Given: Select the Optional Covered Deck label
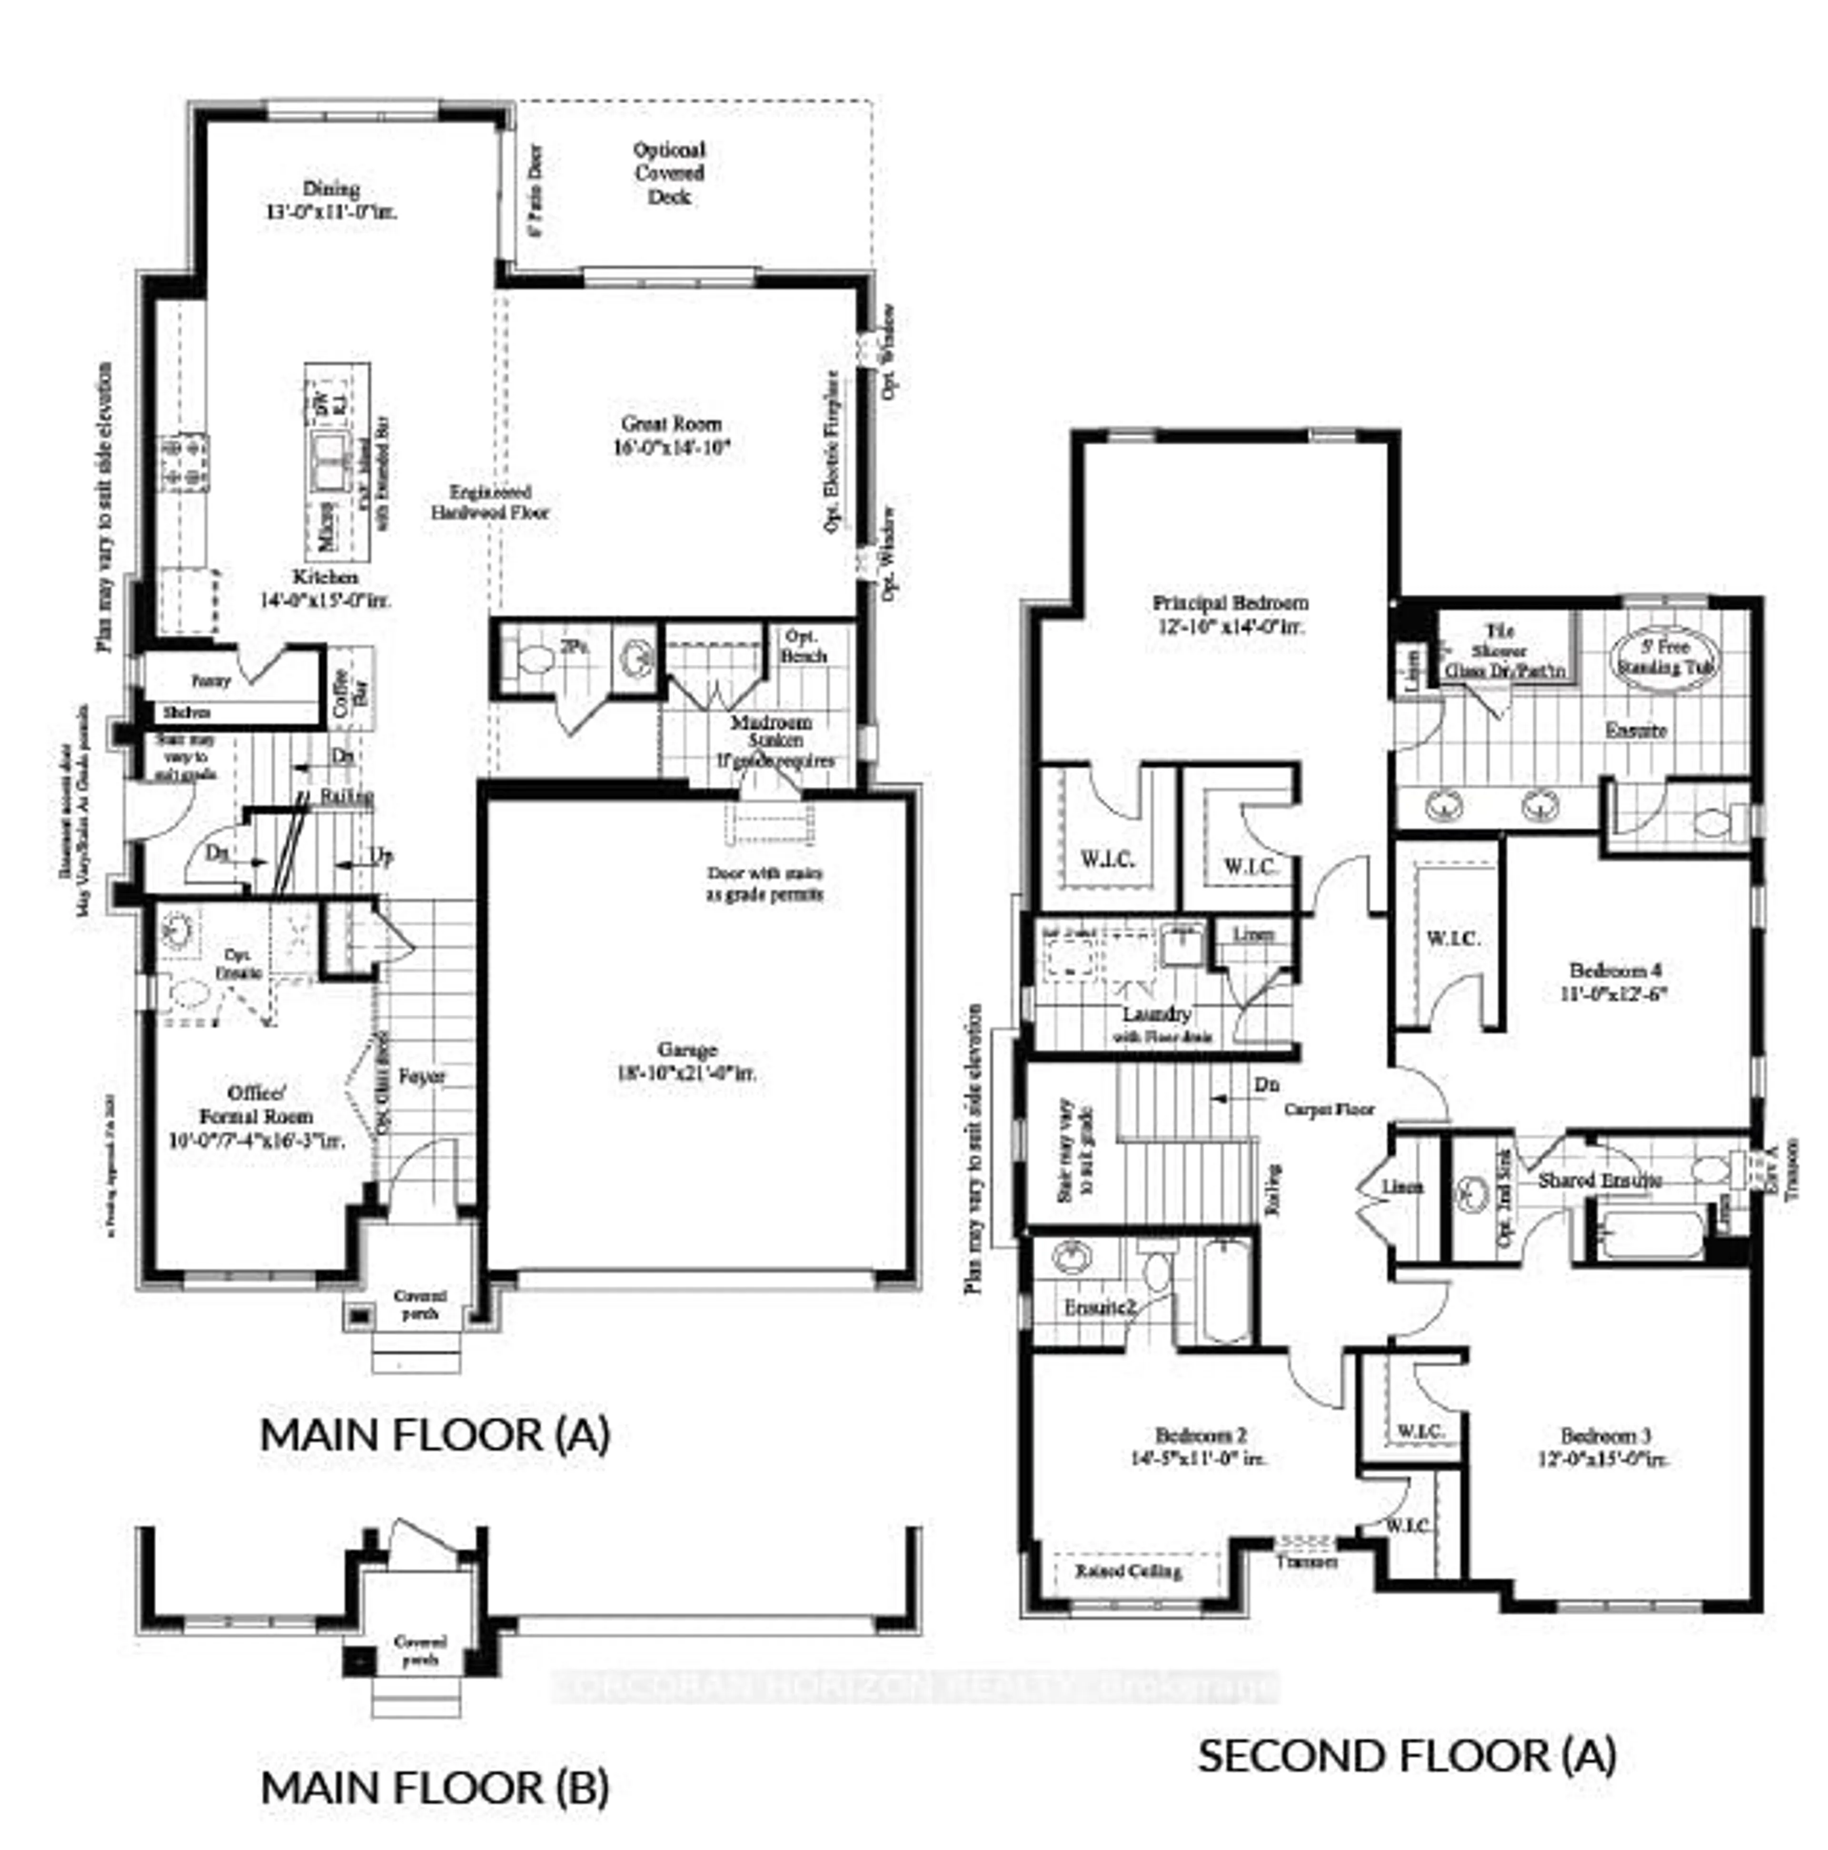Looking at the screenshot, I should pyautogui.click(x=669, y=173).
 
